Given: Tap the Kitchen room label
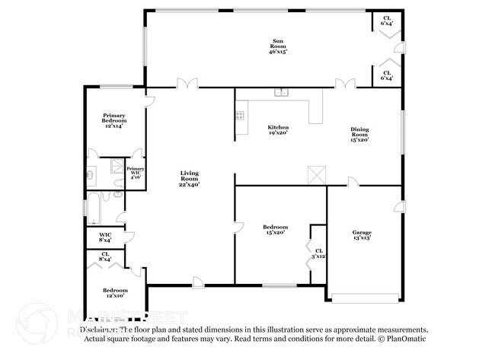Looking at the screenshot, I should (x=277, y=129).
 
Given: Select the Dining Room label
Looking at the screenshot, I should (x=359, y=134).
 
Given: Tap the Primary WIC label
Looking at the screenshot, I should (x=136, y=172).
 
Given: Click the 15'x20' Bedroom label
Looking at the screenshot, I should (x=275, y=230).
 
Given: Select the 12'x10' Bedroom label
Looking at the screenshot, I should (x=115, y=293).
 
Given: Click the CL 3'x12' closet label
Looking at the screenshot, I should (x=318, y=253).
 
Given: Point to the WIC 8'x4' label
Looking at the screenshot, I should (x=105, y=237).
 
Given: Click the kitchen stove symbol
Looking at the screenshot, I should (x=240, y=116).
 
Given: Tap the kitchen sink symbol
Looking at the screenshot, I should (x=282, y=93).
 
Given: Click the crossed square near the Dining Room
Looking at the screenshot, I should (x=316, y=173).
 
